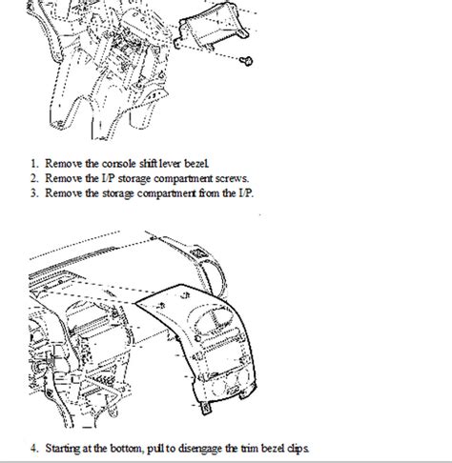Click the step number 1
33,163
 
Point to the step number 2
33,178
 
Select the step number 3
33,193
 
